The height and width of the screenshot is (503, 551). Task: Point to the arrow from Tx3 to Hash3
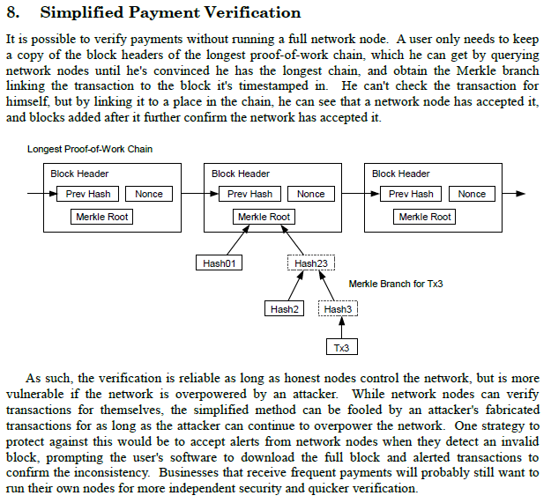(341, 327)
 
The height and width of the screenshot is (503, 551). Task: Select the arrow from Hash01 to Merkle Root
(239, 240)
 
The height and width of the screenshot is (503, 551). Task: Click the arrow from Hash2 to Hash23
(296, 285)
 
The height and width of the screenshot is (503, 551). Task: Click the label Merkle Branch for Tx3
(396, 284)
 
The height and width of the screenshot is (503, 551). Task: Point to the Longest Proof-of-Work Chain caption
(90, 149)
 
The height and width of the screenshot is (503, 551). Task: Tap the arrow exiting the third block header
(514, 194)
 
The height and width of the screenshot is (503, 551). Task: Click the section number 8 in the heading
(12, 12)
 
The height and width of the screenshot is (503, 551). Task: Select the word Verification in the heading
(253, 12)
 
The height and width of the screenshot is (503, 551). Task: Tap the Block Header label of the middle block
(241, 174)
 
